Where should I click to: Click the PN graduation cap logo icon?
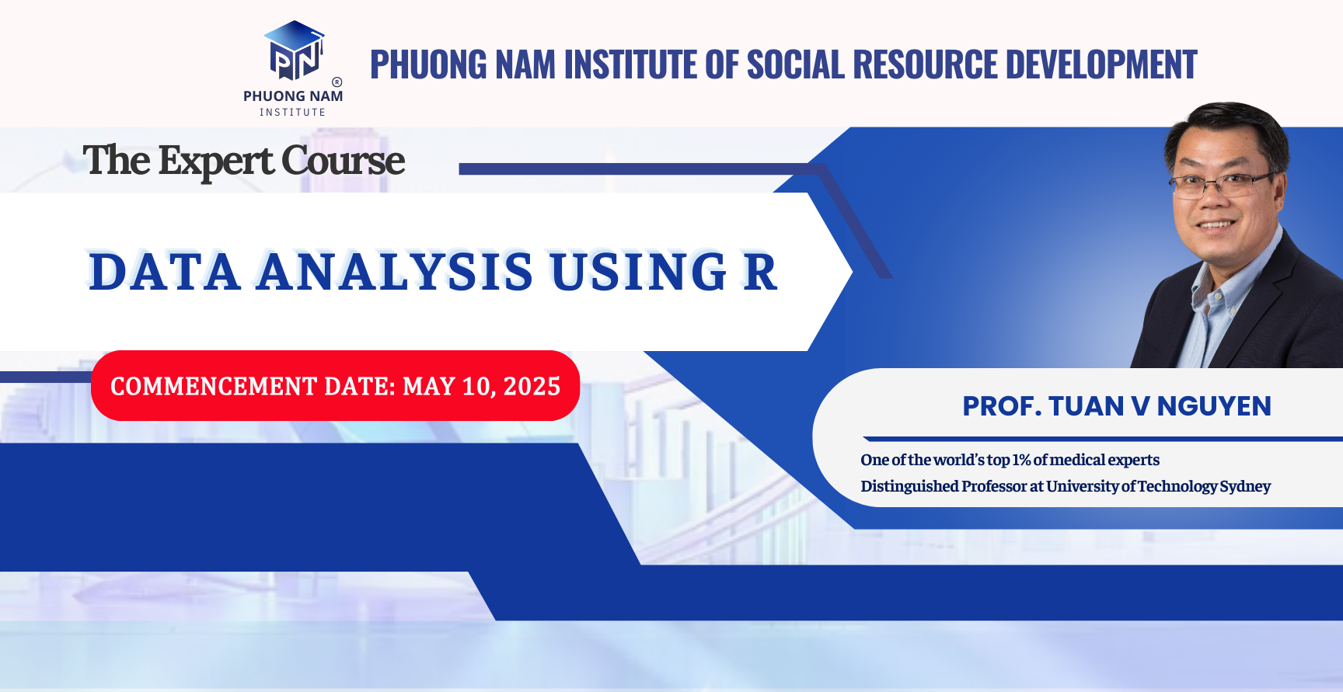[x=295, y=51]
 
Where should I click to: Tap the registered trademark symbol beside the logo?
[x=337, y=82]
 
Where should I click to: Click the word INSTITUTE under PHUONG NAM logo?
[x=292, y=113]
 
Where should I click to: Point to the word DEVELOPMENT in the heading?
[x=1101, y=64]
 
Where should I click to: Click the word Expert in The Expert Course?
[x=215, y=162]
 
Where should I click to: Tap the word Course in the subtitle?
[x=343, y=162]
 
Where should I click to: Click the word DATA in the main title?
[x=164, y=273]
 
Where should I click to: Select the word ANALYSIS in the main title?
[x=395, y=273]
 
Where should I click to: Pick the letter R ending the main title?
[x=759, y=273]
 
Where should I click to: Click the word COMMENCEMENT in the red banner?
[x=213, y=386]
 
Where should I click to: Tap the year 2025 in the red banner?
[x=532, y=386]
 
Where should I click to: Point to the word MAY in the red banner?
[x=428, y=386]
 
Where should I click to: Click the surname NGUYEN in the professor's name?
[x=1214, y=406]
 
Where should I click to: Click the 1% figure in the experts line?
[x=1021, y=460]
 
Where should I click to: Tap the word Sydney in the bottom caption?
[x=1245, y=486]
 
